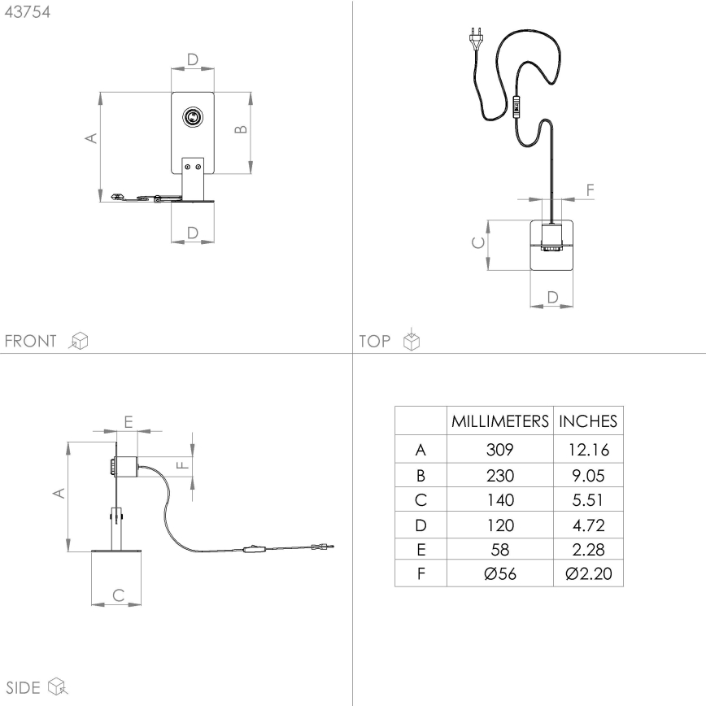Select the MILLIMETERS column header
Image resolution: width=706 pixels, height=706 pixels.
tap(499, 421)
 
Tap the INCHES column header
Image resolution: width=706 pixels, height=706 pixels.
tap(588, 421)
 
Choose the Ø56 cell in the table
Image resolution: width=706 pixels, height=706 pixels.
tap(499, 574)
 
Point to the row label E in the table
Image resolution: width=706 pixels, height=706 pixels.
tap(421, 550)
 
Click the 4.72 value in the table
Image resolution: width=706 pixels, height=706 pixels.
tap(588, 525)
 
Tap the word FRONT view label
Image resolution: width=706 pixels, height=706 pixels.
tap(30, 341)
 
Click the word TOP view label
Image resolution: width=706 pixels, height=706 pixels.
tap(375, 341)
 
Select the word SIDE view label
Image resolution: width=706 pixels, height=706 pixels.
tap(23, 687)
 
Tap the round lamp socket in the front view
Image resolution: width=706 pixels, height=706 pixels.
tap(193, 117)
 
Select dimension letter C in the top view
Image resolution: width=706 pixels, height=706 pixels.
tap(479, 243)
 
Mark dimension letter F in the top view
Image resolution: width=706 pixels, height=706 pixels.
tap(590, 190)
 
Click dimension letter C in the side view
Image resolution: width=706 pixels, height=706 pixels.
tap(117, 595)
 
